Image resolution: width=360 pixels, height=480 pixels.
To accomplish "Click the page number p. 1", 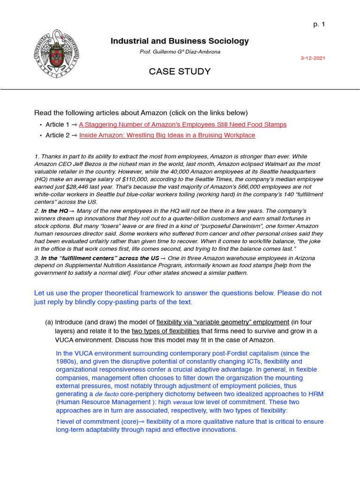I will (319, 25).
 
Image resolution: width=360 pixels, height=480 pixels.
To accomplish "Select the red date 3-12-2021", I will (313, 58).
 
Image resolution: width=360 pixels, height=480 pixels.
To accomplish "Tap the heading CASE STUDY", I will (180, 72).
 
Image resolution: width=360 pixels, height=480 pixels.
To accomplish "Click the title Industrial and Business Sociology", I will (180, 41).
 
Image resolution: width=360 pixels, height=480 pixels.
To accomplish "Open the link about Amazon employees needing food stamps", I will (182, 125).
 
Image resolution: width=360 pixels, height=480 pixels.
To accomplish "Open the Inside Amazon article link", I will (167, 135).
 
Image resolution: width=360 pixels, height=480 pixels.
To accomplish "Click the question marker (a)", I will (49, 322).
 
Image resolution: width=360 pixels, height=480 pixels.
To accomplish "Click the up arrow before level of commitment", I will (58, 422).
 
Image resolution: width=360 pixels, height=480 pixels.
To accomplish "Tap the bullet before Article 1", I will (41, 125).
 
